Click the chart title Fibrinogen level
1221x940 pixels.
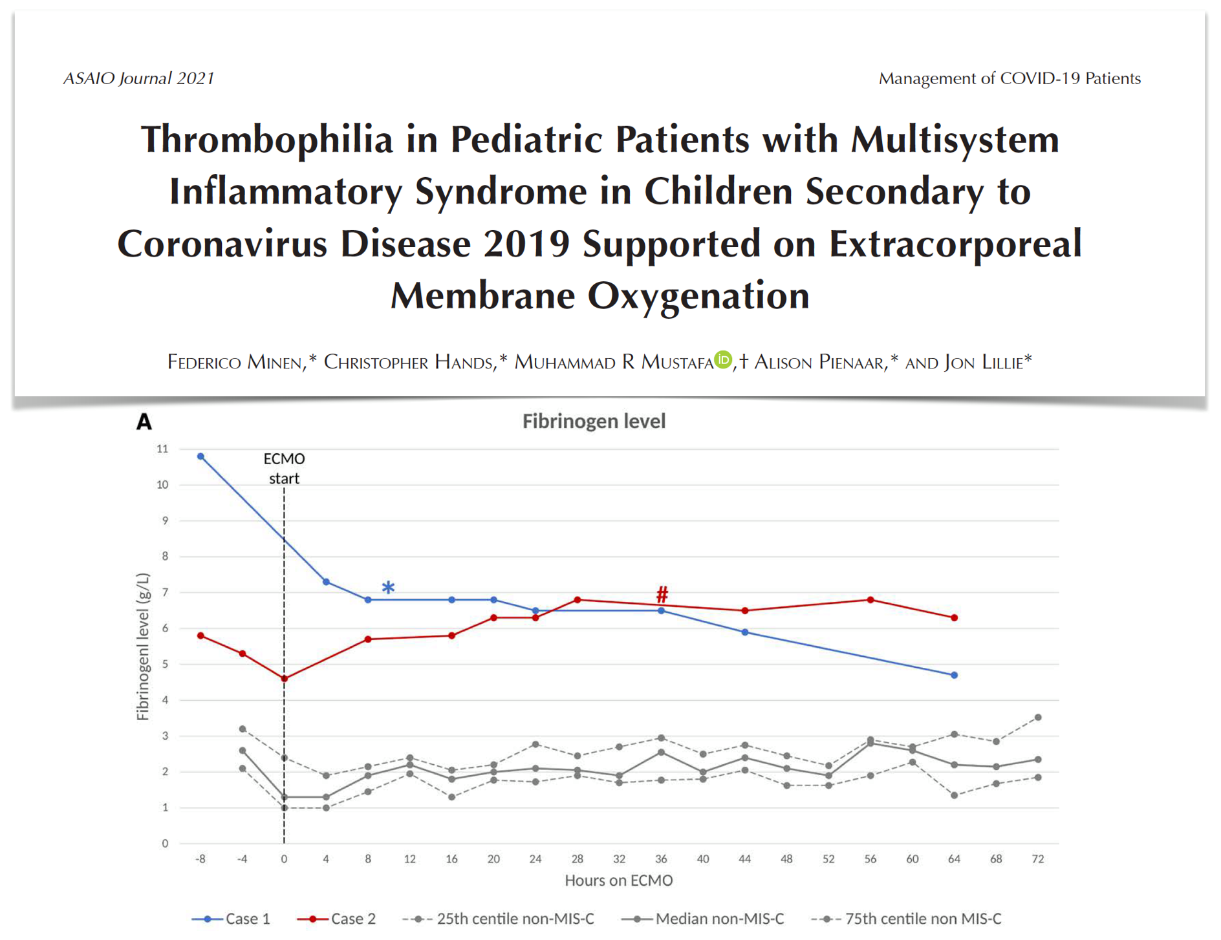(x=594, y=422)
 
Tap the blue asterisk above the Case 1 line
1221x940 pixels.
(x=388, y=588)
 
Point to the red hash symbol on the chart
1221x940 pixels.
(x=662, y=593)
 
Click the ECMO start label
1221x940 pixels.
(x=284, y=469)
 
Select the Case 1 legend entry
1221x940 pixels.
(x=231, y=919)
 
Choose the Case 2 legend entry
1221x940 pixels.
(x=336, y=919)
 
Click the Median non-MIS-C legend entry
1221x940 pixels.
(x=702, y=919)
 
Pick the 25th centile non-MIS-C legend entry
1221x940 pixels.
(x=498, y=919)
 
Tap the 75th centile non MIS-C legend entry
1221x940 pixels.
(x=906, y=919)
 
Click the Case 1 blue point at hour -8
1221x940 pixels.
(x=200, y=456)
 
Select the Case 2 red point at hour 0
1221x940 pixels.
(x=284, y=678)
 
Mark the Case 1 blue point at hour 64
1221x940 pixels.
(x=954, y=675)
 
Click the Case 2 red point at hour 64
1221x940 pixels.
(x=954, y=617)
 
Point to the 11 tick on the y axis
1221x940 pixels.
(x=162, y=449)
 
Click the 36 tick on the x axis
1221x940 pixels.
(x=661, y=859)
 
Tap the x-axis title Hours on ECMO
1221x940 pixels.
(x=619, y=881)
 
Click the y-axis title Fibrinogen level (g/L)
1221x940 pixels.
(x=142, y=646)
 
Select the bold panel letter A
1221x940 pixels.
(x=144, y=422)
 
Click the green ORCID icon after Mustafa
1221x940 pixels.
(x=723, y=359)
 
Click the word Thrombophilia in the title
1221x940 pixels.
(x=267, y=139)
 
